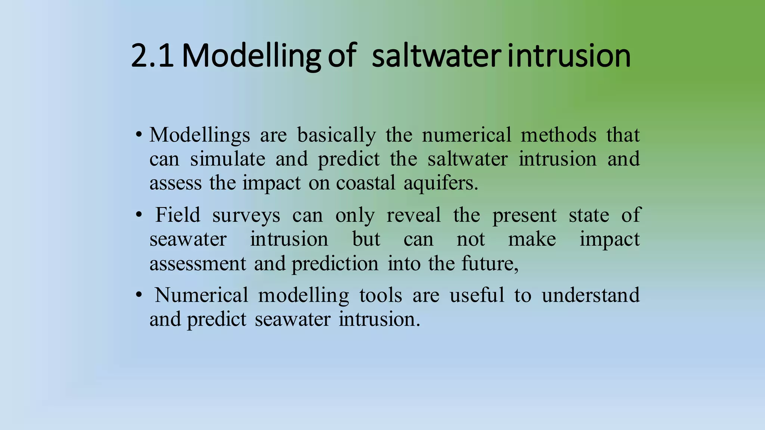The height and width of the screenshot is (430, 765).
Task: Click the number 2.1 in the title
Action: [152, 56]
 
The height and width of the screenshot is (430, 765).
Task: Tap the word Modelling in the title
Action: [251, 56]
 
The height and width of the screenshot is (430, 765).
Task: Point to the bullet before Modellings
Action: [139, 135]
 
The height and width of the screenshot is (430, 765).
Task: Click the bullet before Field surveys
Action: [139, 215]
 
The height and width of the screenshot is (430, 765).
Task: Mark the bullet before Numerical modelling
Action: [139, 295]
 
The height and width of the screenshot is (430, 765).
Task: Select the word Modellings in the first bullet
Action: [199, 135]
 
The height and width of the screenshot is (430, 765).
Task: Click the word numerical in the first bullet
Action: [466, 135]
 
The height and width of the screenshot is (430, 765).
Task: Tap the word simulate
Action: [227, 159]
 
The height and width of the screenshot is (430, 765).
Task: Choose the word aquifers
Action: [440, 183]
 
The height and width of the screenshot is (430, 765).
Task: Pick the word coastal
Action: [365, 183]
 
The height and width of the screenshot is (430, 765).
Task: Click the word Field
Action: [178, 215]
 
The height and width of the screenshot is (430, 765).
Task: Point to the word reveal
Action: [414, 215]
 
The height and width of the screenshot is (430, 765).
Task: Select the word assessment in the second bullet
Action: [198, 264]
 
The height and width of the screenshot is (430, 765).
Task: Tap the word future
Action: [490, 264]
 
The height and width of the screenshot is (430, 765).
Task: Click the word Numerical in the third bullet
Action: [201, 295]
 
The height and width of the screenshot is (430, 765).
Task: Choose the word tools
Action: [380, 295]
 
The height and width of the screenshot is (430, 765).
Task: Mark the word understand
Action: [591, 295]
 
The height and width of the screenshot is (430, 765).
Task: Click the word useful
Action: [477, 295]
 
